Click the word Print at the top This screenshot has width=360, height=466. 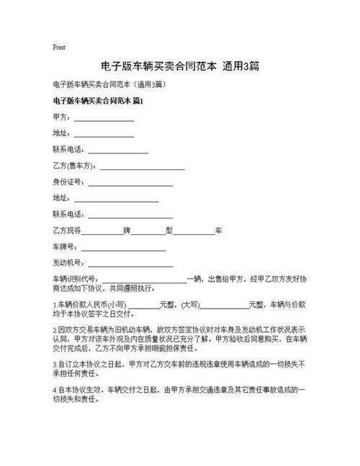click(60, 47)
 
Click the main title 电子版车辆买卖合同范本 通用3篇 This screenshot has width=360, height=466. click(180, 66)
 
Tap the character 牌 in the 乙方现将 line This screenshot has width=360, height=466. click(127, 230)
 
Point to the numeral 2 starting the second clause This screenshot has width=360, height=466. click(55, 326)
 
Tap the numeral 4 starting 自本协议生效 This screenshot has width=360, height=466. click(55, 390)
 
